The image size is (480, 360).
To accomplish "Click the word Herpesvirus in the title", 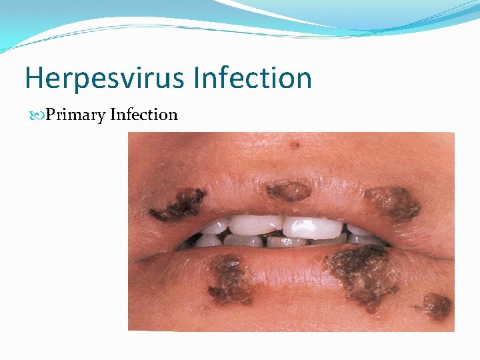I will point(105,78).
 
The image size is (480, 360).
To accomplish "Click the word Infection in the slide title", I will point(253,78).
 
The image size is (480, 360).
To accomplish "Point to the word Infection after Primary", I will point(144,115).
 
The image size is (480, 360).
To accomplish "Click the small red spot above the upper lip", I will point(294,143).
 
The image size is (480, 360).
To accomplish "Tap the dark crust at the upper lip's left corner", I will point(178,205).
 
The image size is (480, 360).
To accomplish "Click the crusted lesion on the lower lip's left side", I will point(228,279).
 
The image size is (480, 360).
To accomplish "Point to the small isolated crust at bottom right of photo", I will point(435,306).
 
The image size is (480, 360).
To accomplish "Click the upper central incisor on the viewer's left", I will point(255,225).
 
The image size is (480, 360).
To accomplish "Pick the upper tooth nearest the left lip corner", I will point(212,227).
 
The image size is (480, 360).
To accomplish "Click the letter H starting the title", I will point(33,78).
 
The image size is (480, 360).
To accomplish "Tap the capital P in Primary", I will point(51,115).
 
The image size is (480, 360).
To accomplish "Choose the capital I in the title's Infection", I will point(198,78).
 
